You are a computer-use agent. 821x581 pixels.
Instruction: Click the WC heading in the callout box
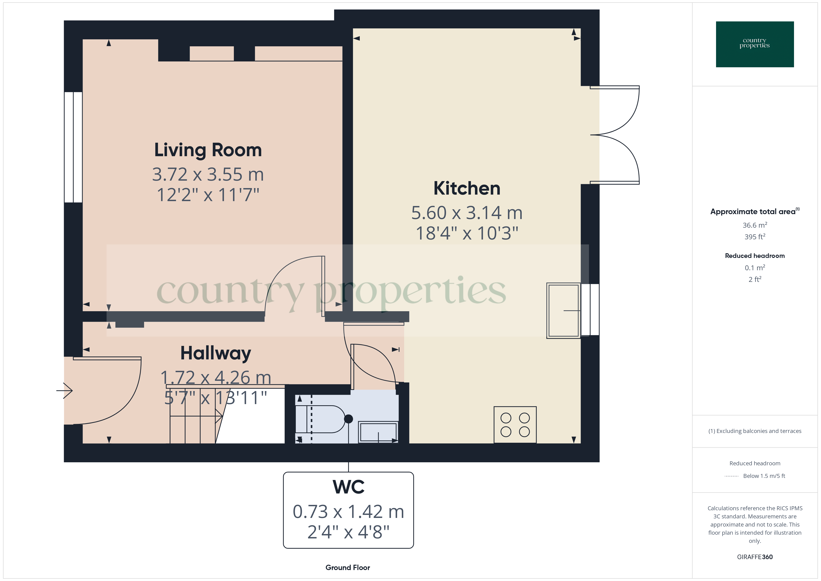coord(348,487)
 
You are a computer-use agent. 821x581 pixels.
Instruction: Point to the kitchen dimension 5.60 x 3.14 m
coord(467,213)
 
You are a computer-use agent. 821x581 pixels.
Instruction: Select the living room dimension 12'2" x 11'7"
coord(208,195)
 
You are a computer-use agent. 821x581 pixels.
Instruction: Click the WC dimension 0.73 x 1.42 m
coord(348,512)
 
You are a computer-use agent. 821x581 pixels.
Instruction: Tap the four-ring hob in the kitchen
coord(515,425)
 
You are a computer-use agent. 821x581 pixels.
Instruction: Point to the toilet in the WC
coord(324,419)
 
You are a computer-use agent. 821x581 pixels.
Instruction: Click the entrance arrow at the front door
coord(64,390)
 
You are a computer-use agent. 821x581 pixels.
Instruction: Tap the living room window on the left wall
coord(73,147)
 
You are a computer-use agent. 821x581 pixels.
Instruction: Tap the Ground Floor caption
coord(348,567)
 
